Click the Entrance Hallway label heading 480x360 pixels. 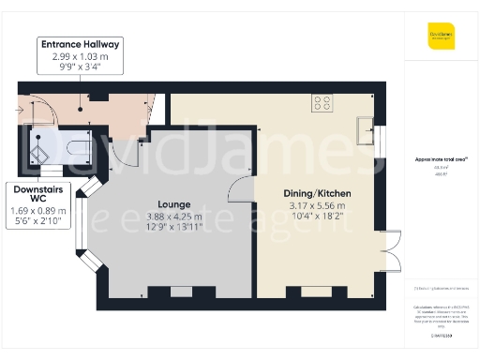coord(80,44)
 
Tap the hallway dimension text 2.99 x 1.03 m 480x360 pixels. coord(80,56)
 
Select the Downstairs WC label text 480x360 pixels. coord(37,192)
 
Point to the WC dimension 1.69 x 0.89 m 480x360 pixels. coord(37,211)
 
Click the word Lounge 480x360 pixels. coord(174,203)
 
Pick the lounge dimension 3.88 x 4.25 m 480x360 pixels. coord(174,215)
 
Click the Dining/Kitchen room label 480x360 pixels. coord(315,194)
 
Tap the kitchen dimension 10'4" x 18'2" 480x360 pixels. coord(315,217)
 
